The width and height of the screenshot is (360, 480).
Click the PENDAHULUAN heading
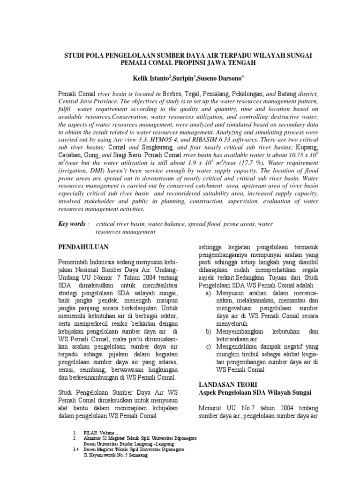click(x=83, y=246)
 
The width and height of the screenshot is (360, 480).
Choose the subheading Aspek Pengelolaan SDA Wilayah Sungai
click(x=255, y=392)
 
